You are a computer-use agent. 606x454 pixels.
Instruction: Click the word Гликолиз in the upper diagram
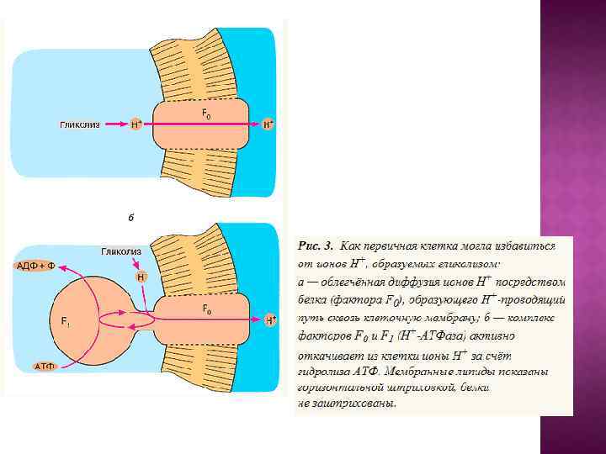pos(80,124)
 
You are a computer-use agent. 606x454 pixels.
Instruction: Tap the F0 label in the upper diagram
pos(205,112)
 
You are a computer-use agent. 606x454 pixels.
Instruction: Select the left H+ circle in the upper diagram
pos(136,124)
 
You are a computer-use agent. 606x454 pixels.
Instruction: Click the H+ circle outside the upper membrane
pos(268,124)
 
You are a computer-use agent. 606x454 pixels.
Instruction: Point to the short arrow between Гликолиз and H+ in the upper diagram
pos(115,124)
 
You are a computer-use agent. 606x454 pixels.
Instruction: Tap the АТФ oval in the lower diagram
pos(44,367)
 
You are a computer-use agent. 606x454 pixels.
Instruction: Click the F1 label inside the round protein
pos(66,321)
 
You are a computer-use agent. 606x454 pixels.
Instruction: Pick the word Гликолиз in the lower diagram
pos(121,251)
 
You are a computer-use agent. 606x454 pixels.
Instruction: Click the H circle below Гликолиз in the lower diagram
pos(141,277)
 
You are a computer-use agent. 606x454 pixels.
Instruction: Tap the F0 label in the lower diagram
pos(206,309)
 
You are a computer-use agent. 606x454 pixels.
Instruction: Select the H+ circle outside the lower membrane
pos(269,320)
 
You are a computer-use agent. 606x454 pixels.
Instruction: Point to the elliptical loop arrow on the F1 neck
pos(126,320)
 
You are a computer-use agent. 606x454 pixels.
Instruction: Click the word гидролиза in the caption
pos(324,371)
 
